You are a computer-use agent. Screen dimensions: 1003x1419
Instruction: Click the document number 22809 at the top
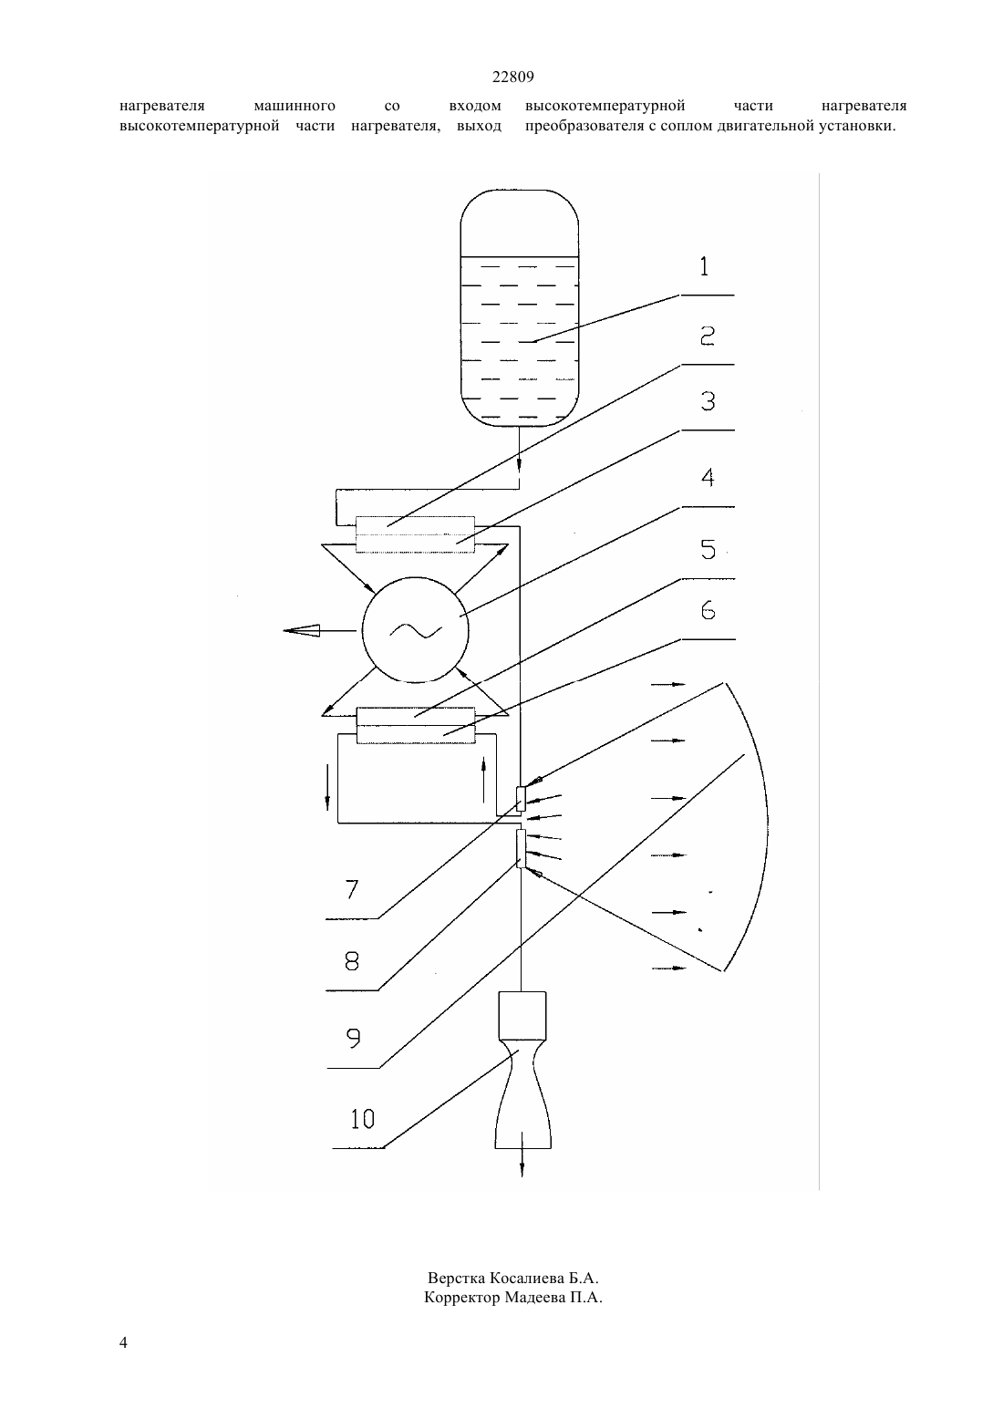tap(512, 77)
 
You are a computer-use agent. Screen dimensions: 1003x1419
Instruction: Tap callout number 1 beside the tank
tap(704, 266)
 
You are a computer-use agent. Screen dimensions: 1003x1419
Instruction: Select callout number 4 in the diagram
tap(708, 478)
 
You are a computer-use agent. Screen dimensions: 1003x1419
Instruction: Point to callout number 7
tap(353, 889)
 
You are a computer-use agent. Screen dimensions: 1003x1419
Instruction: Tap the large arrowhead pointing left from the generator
tap(302, 630)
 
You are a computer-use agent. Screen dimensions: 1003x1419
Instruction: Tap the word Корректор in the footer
tap(461, 1298)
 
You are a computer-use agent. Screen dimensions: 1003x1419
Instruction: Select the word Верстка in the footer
tap(457, 1277)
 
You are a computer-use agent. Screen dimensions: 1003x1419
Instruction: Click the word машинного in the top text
tap(295, 106)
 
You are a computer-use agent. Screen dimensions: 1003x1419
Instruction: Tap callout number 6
tap(708, 610)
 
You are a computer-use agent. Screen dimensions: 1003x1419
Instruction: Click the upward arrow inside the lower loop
tap(484, 779)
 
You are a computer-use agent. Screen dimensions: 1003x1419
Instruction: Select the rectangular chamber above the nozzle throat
tap(522, 1016)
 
